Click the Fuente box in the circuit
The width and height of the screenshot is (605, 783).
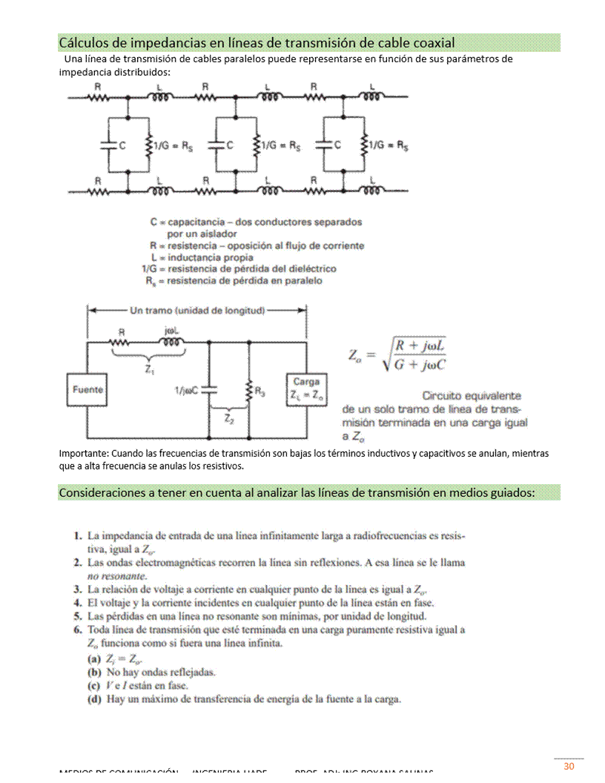pos(87,389)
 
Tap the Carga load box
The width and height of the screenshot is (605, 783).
pos(305,389)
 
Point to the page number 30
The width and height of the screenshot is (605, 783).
pos(569,766)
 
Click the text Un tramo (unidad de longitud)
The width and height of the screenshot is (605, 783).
pos(197,310)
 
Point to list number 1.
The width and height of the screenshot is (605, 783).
pos(77,535)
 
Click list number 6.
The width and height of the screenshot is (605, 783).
pos(77,630)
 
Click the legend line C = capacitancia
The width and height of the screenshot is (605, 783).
pos(256,222)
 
